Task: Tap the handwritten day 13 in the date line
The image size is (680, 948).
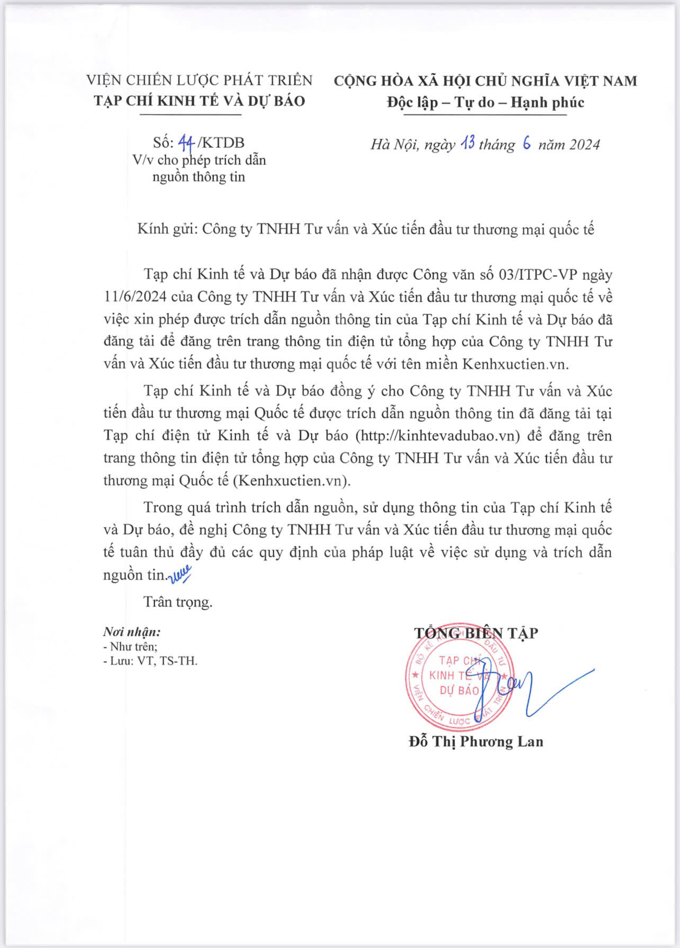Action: pyautogui.click(x=467, y=144)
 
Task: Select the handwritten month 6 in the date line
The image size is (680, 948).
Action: pyautogui.click(x=526, y=144)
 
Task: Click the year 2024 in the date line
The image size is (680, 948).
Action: pyautogui.click(x=581, y=145)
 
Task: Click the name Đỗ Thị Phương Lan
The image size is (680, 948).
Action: pyautogui.click(x=476, y=741)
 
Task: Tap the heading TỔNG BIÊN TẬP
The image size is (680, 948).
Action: pyautogui.click(x=476, y=633)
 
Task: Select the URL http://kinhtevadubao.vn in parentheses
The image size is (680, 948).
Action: pyautogui.click(x=437, y=436)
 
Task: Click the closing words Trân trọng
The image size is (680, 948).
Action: pyautogui.click(x=178, y=602)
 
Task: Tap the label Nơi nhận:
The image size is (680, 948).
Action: pyautogui.click(x=132, y=632)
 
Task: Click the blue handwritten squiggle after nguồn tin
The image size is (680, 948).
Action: pyautogui.click(x=180, y=574)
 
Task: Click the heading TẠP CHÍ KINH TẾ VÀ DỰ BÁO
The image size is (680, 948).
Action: pyautogui.click(x=200, y=101)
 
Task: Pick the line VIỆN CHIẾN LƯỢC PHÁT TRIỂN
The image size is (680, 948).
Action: pyautogui.click(x=200, y=80)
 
